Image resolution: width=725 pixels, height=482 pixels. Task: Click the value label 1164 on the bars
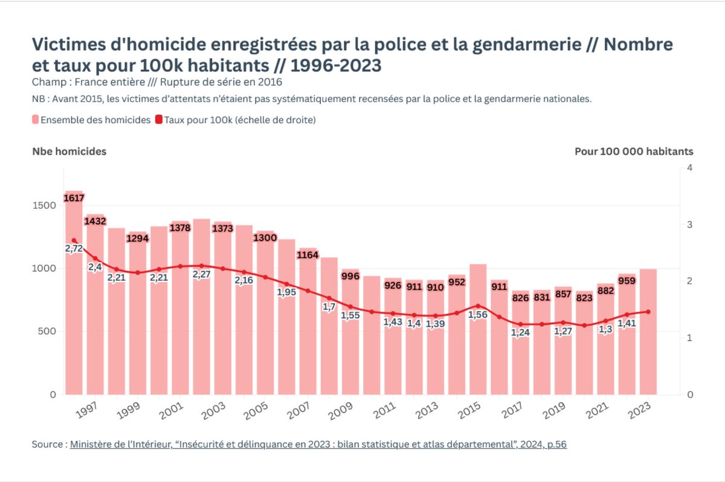point(308,255)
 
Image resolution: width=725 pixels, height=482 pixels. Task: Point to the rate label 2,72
point(74,248)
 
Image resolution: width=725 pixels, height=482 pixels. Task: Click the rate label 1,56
point(478,315)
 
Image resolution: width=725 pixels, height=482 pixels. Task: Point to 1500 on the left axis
point(45,205)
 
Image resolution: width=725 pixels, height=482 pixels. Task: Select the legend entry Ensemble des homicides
point(95,120)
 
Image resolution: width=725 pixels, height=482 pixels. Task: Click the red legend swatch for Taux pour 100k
point(159,120)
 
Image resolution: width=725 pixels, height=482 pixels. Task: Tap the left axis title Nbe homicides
point(69,152)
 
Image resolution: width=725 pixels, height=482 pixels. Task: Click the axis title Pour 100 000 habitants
point(634,152)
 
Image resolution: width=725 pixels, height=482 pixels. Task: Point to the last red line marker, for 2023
point(648,312)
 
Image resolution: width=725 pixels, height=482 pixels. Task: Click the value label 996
point(350,277)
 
